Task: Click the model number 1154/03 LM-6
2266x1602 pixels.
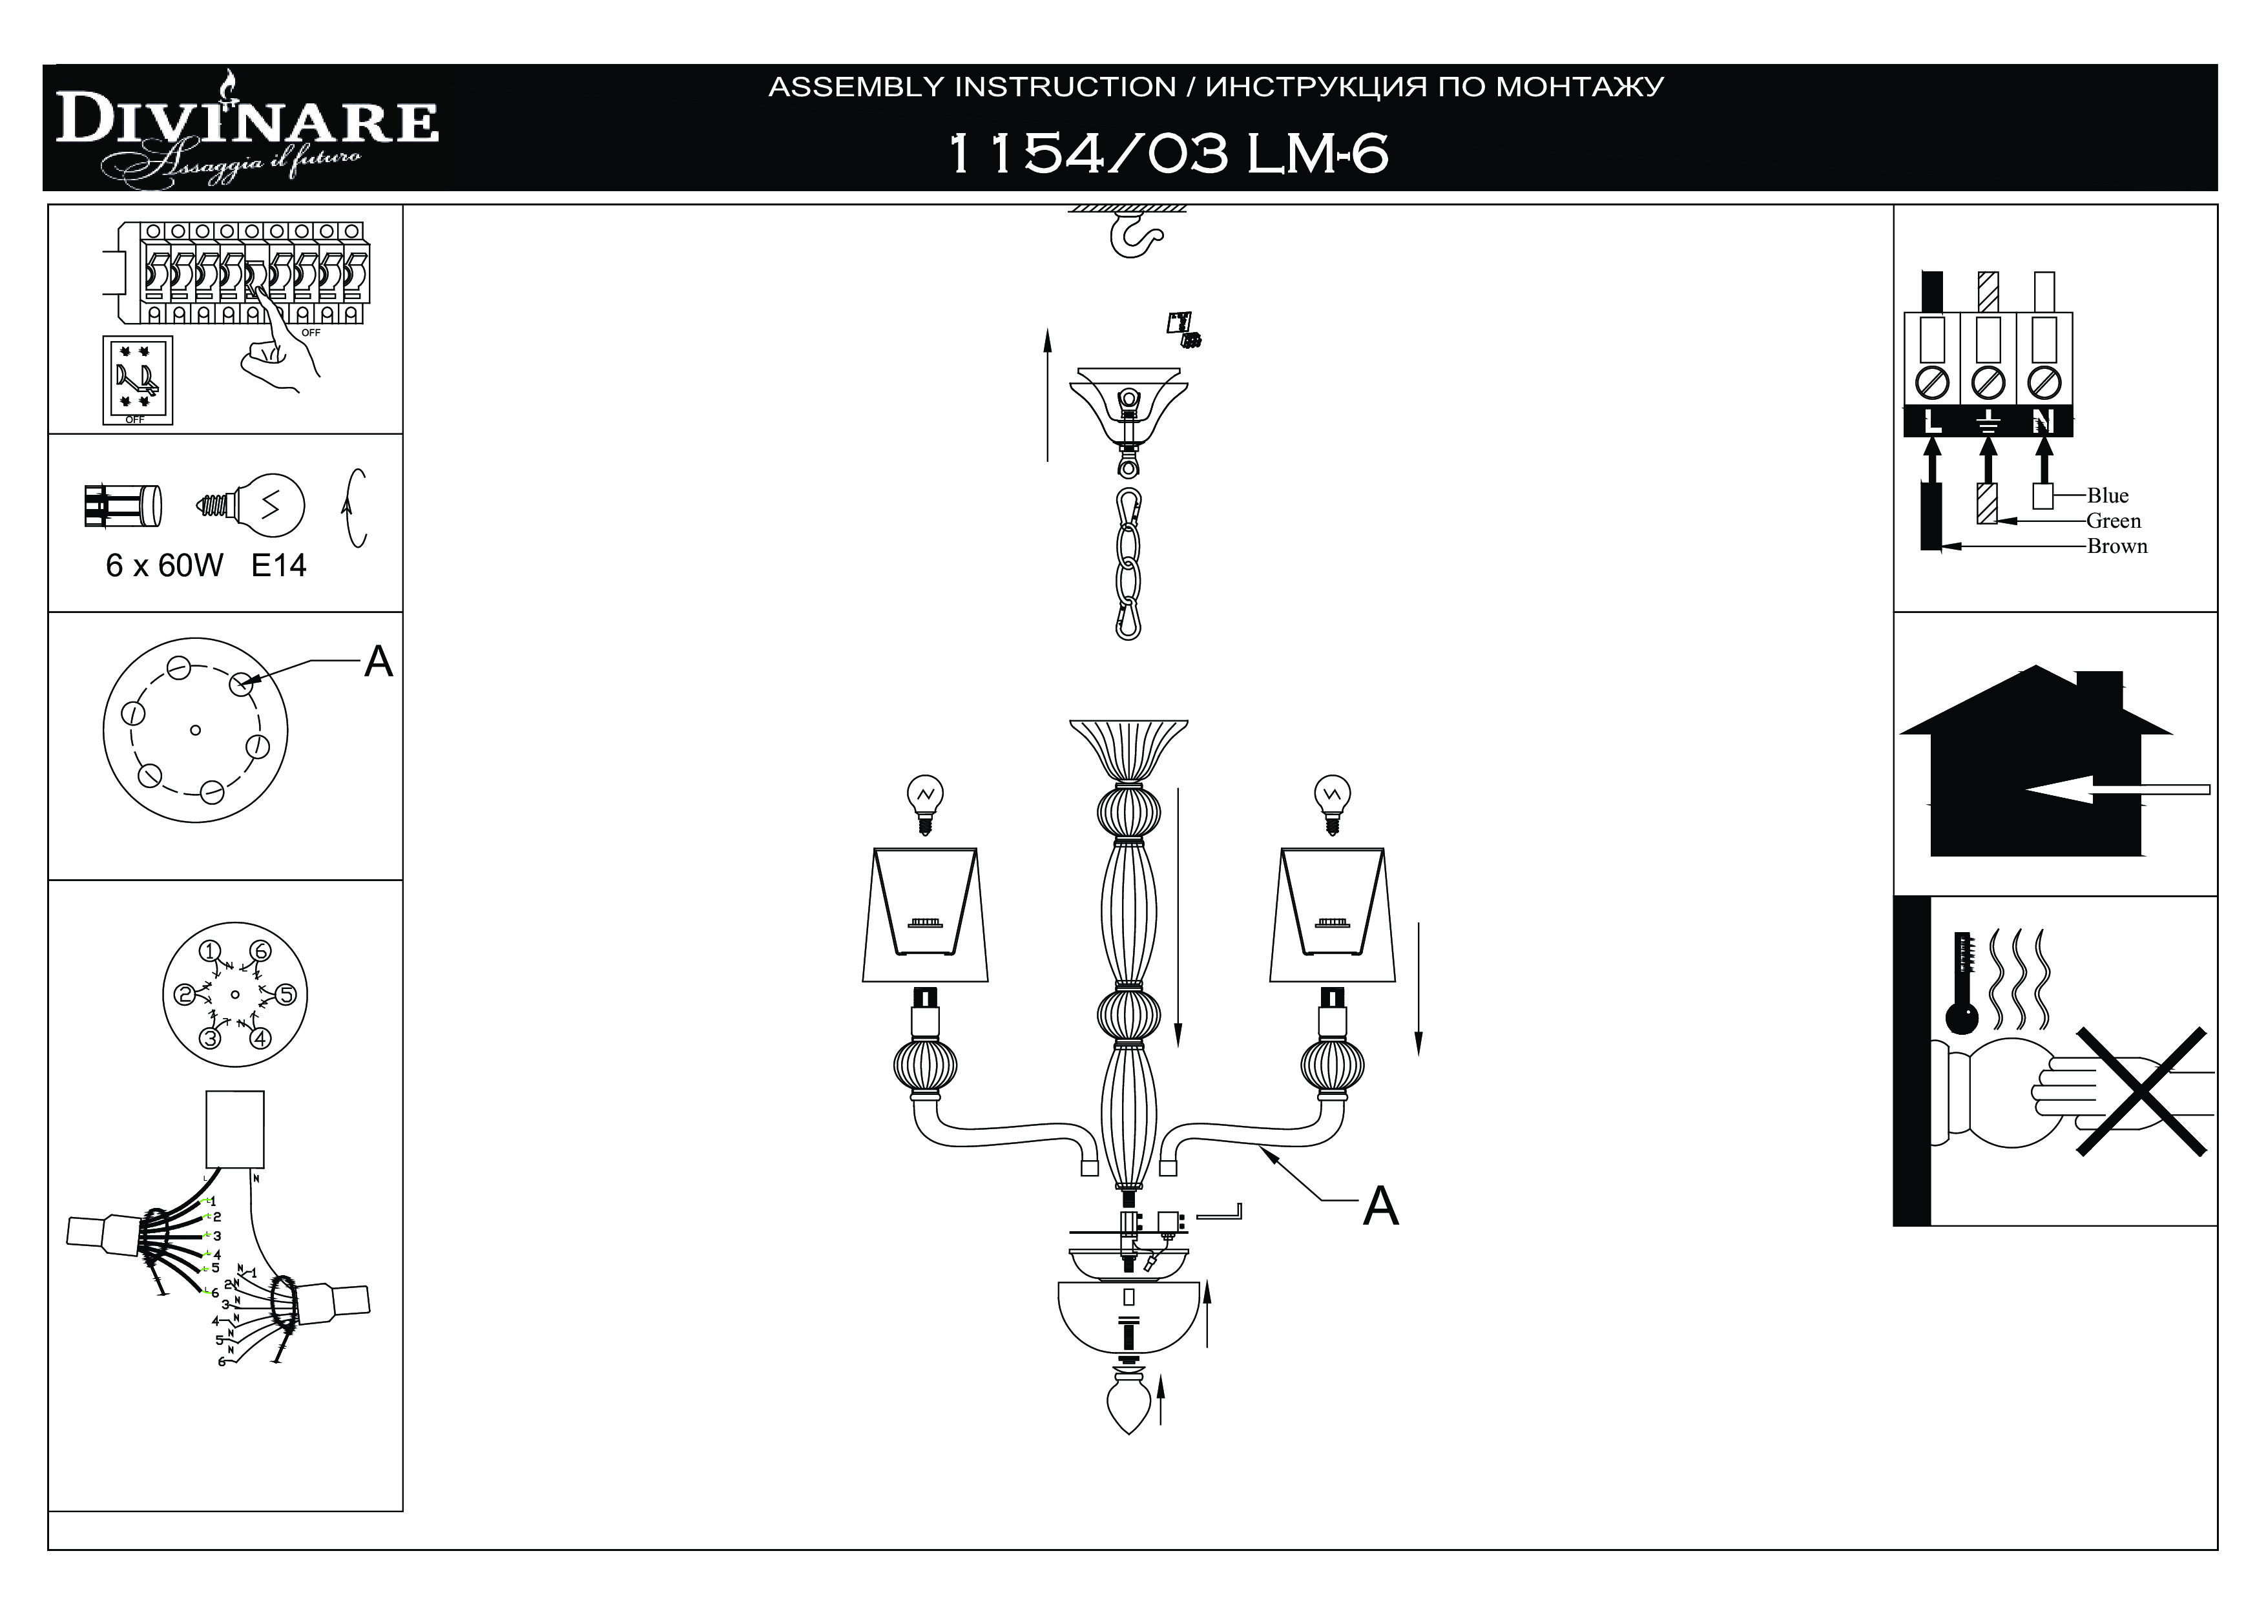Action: coord(1167,154)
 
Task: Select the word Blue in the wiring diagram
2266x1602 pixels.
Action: coord(2107,495)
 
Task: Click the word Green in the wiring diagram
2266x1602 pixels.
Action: coord(2113,521)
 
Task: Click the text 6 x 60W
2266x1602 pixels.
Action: coord(164,566)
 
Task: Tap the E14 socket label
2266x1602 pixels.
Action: coord(278,566)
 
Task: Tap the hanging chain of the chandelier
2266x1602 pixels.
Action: coord(1128,563)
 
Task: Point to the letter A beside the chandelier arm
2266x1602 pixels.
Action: coord(1380,1206)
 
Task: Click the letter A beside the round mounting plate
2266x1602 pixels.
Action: coord(378,662)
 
